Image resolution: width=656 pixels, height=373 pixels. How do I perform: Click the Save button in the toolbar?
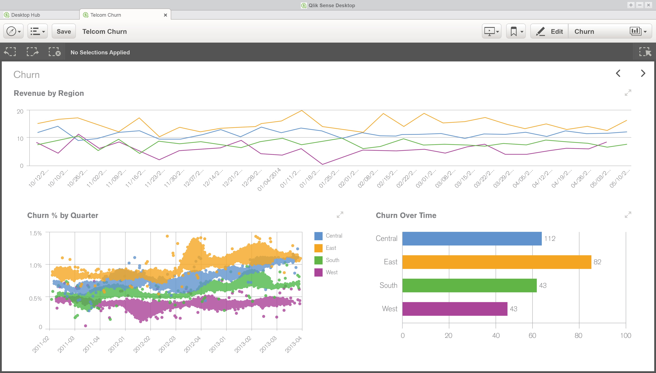[64, 32]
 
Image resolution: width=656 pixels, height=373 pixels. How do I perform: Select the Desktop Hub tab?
[26, 15]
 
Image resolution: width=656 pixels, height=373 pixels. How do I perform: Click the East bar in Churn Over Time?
[497, 262]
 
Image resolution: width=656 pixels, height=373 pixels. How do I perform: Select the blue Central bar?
[472, 238]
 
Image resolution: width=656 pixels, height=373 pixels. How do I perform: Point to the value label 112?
[550, 238]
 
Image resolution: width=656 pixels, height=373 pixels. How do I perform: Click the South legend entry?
[332, 260]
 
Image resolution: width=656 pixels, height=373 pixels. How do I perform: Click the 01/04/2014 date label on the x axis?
[269, 179]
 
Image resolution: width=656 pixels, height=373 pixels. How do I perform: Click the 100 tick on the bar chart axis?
[625, 336]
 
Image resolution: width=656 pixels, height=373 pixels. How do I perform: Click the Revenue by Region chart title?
[49, 93]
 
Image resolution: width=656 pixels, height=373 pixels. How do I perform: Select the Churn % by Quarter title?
[63, 215]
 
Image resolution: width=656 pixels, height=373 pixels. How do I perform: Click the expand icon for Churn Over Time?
[628, 215]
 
